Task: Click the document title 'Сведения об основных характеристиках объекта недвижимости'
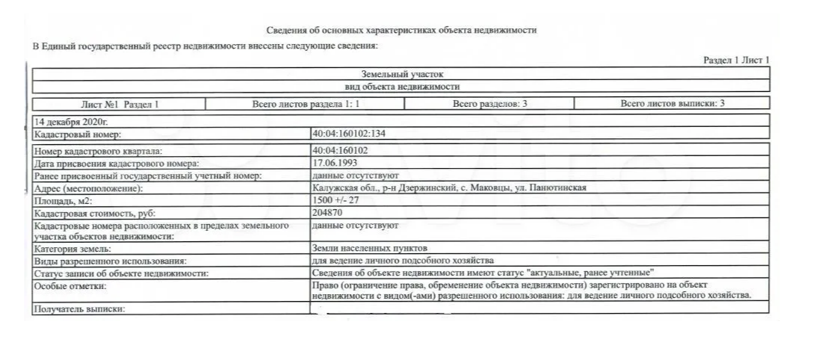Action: coord(401,31)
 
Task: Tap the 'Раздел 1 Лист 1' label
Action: coord(736,60)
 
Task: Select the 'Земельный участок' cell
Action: coord(402,75)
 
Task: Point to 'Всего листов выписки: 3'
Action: coord(672,104)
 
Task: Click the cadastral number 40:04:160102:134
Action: coord(349,134)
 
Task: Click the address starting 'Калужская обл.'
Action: coord(449,188)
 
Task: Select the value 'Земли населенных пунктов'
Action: coord(371,248)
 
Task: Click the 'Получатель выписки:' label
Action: coord(78,308)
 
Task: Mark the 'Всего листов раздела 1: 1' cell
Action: coord(306,104)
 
